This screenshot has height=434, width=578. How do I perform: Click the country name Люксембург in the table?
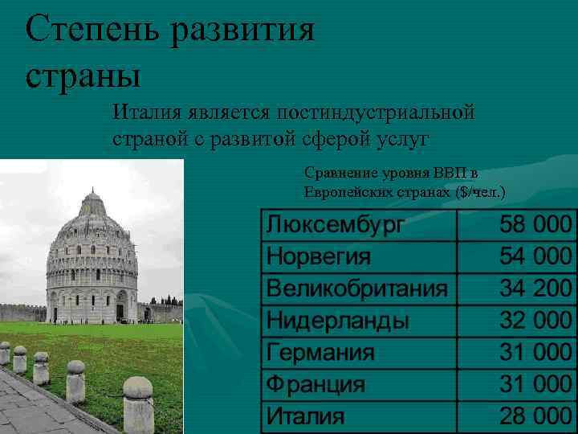click(x=335, y=225)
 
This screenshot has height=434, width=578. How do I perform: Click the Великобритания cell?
click(x=357, y=289)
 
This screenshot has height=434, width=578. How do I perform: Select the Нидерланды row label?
click(x=338, y=321)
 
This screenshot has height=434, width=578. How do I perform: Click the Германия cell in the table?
click(x=321, y=353)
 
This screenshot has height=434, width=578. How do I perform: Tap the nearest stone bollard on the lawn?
click(x=138, y=402)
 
